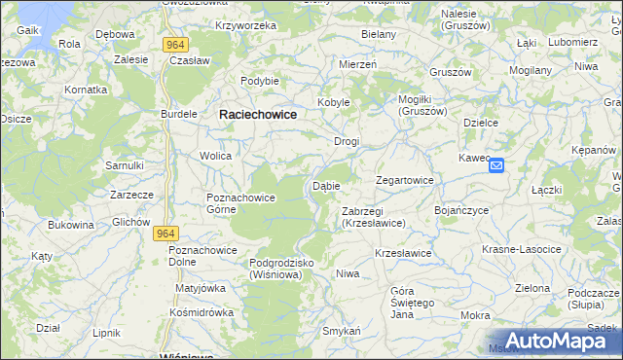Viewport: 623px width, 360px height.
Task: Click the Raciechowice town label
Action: (x=257, y=114)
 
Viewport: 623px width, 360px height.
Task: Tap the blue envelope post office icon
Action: (x=496, y=166)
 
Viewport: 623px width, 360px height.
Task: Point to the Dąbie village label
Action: (x=325, y=186)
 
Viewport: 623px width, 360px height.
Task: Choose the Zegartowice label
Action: (x=404, y=181)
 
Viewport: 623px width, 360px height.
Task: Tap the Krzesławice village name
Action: (x=403, y=253)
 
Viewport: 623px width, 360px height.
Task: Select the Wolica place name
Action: (x=215, y=156)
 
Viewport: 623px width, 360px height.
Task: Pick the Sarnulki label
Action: (x=125, y=165)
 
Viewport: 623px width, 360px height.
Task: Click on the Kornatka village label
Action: (x=86, y=90)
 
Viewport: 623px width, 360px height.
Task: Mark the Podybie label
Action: (x=260, y=81)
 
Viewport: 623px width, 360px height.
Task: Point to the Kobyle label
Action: (x=333, y=102)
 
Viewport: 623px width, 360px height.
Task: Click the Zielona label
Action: (x=532, y=288)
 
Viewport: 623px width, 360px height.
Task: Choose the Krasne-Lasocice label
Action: (x=522, y=249)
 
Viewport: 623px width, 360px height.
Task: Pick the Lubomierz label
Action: (x=572, y=43)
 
